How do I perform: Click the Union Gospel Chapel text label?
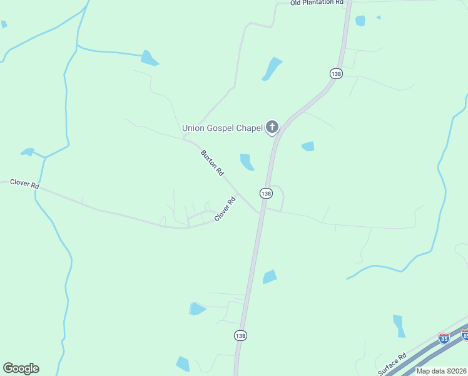(221, 128)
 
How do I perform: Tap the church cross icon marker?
(272, 127)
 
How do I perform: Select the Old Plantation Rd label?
(317, 3)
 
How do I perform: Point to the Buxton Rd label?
(212, 162)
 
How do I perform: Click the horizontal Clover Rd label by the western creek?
(24, 184)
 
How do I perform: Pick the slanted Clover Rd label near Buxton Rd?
(225, 209)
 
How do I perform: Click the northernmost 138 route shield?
(336, 73)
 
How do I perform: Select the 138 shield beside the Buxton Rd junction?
(266, 194)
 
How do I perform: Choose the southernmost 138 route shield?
(241, 336)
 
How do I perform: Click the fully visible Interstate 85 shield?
(444, 338)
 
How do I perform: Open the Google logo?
(21, 368)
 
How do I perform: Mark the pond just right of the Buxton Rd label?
(247, 162)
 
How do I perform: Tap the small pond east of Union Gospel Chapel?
(308, 147)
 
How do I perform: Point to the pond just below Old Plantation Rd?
(360, 21)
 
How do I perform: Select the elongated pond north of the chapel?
(272, 68)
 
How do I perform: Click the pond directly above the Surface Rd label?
(399, 326)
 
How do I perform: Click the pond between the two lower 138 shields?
(269, 276)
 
